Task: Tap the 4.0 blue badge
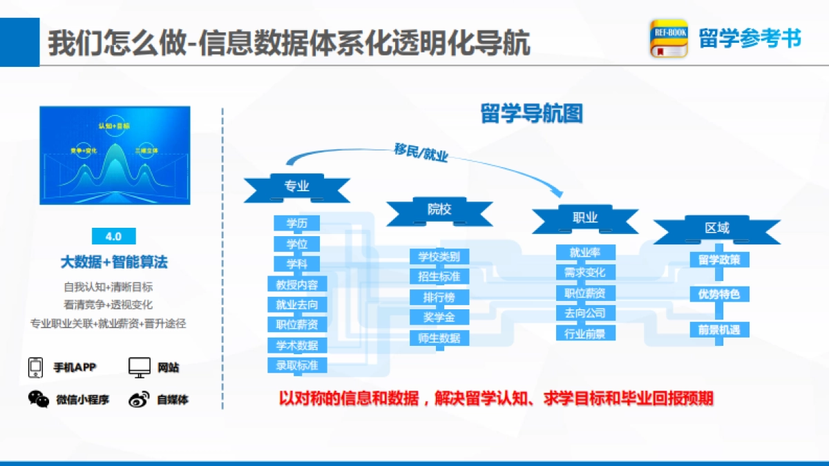(x=113, y=236)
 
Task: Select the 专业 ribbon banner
(x=297, y=186)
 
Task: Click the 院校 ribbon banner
(x=439, y=209)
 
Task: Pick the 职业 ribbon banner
(x=585, y=217)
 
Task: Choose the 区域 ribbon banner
(x=717, y=229)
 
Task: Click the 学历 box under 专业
(x=297, y=223)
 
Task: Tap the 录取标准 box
(x=297, y=366)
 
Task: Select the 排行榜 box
(x=439, y=298)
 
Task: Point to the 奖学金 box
(x=439, y=318)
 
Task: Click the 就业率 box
(x=585, y=253)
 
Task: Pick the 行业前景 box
(x=585, y=333)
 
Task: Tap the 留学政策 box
(x=719, y=260)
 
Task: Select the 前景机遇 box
(x=719, y=330)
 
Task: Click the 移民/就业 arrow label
(x=421, y=153)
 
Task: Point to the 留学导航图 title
(x=531, y=114)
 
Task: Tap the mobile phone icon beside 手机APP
(x=35, y=367)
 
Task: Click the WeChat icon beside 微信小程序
(x=39, y=399)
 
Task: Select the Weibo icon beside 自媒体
(x=139, y=399)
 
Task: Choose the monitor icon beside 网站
(x=140, y=367)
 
